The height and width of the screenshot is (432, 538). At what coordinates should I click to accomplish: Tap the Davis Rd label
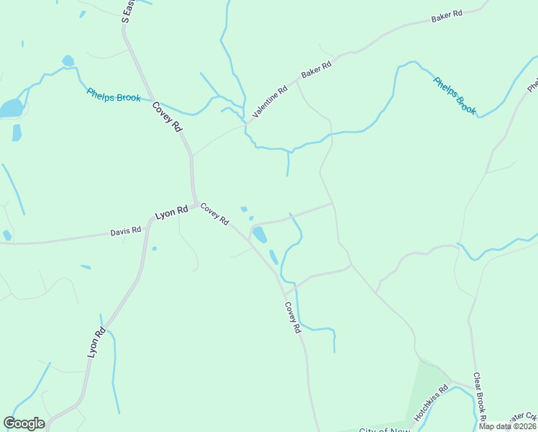[125, 231]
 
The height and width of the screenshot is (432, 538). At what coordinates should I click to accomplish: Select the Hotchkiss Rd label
[431, 402]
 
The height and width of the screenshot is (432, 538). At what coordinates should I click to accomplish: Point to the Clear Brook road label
[479, 396]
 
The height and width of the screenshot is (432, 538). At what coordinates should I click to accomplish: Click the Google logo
[24, 423]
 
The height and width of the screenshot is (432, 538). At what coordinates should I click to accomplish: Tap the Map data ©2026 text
[506, 426]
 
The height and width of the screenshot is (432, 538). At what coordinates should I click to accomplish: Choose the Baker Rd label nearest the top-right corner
[446, 17]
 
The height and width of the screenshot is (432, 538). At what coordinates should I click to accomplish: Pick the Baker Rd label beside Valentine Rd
[316, 70]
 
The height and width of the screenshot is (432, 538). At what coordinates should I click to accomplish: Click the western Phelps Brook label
[113, 94]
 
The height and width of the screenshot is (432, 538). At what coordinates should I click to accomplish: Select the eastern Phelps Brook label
[455, 95]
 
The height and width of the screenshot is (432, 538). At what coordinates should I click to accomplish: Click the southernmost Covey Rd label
[291, 318]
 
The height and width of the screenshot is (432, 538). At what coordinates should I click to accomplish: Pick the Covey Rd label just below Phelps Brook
[167, 117]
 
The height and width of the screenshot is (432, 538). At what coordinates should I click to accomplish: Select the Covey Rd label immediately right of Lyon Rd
[214, 213]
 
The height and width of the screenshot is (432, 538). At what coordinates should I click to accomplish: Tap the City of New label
[384, 430]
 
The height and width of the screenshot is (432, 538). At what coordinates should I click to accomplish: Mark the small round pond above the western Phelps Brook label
[68, 61]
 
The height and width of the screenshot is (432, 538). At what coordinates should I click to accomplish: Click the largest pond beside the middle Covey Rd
[260, 235]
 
